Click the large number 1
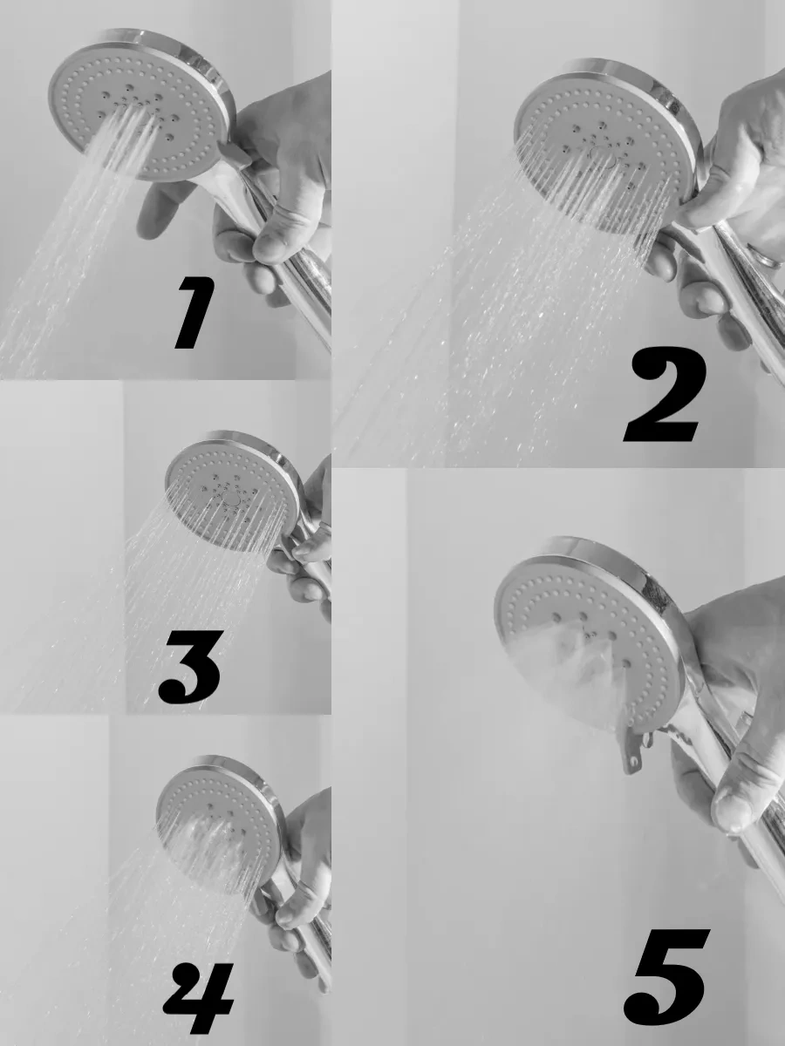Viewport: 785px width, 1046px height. (x=195, y=313)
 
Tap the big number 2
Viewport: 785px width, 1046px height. (x=665, y=394)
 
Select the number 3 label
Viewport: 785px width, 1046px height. (x=189, y=667)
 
